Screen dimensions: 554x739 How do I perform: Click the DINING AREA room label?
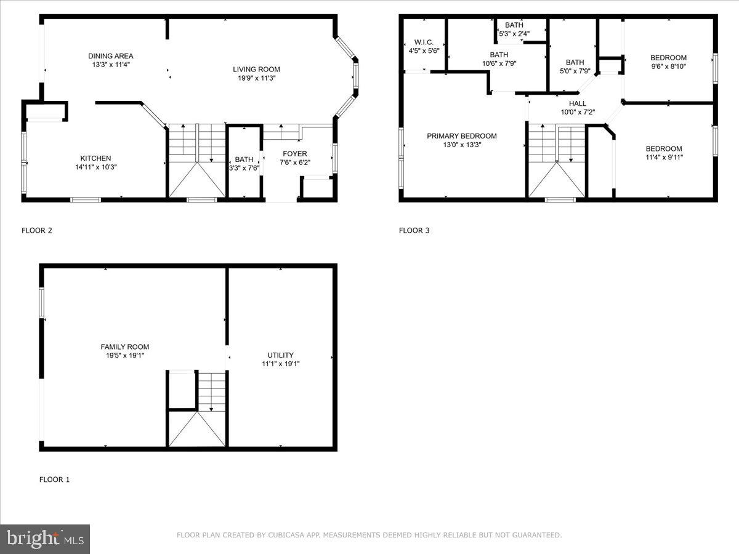click(x=110, y=56)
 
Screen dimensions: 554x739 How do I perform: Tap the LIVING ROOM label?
click(x=256, y=70)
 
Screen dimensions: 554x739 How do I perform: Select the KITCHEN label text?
click(x=95, y=158)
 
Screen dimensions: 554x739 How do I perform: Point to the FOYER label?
click(x=294, y=154)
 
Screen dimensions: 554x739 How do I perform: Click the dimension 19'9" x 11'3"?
click(x=256, y=78)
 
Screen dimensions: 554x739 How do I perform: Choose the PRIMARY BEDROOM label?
click(x=461, y=136)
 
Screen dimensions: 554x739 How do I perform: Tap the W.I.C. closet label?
click(x=424, y=42)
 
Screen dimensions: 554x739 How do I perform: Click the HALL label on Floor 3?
click(x=577, y=103)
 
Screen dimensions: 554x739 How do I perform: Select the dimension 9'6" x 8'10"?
click(x=668, y=66)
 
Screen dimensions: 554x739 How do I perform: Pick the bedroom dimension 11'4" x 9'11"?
click(x=664, y=157)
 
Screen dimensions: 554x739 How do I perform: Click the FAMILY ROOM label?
click(x=125, y=347)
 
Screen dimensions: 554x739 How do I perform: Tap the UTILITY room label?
click(x=280, y=355)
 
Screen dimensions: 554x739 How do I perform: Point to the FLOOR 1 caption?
click(x=55, y=480)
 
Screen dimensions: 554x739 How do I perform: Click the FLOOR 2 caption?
click(x=37, y=231)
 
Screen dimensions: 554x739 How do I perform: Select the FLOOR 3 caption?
click(x=414, y=231)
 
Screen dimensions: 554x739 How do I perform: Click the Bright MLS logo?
click(x=45, y=539)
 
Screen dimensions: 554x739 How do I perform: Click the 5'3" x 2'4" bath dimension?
click(x=514, y=34)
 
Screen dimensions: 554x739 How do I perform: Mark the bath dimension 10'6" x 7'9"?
click(x=499, y=63)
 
